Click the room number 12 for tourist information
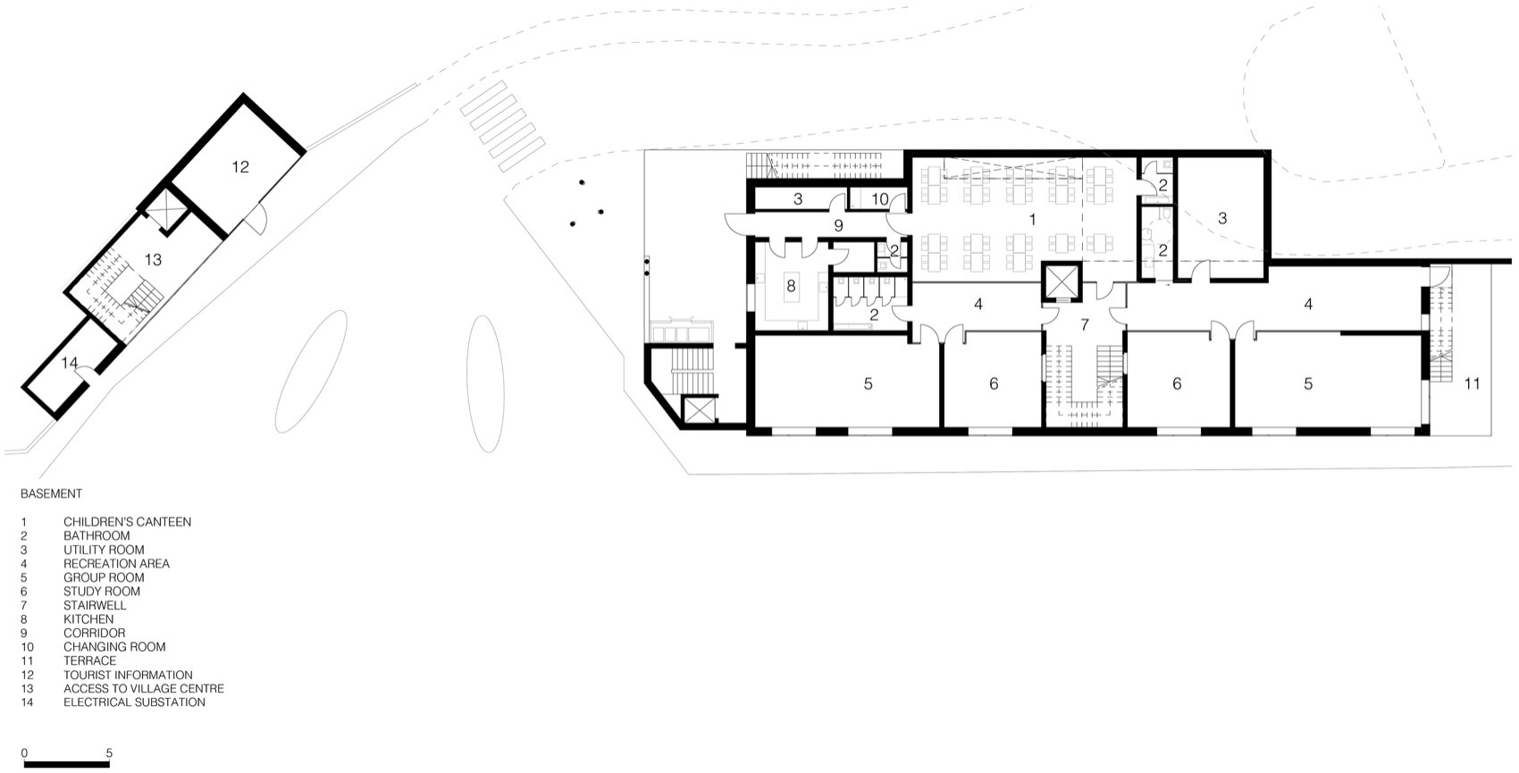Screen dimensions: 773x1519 coord(239,166)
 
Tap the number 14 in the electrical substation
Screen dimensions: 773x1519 coord(71,363)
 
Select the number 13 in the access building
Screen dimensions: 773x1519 coord(153,260)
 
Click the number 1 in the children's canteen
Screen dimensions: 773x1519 coord(1032,218)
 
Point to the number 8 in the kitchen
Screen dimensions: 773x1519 coord(791,286)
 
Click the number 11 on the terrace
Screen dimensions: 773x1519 coord(1472,383)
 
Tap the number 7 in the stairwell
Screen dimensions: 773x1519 coord(1085,324)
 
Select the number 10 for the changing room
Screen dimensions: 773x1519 coord(880,199)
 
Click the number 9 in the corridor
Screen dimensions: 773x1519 coord(838,226)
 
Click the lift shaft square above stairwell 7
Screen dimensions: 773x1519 coord(1061,283)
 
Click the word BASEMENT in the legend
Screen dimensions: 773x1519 coord(51,493)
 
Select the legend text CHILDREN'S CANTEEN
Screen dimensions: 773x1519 coord(127,522)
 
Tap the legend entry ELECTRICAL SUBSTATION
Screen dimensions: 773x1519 coord(134,702)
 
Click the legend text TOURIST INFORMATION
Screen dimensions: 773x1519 coord(128,675)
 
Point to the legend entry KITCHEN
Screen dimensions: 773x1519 coord(88,619)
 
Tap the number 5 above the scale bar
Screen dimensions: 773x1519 coord(109,752)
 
